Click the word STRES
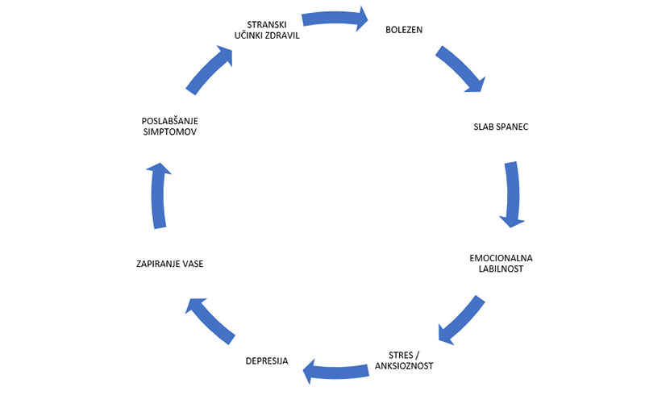(393, 354)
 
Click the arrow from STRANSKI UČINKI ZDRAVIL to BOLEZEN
(333, 17)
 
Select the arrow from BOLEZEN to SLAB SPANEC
(461, 69)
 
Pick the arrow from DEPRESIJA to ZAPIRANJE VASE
(209, 319)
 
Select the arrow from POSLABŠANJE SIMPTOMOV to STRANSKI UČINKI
(210, 69)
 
